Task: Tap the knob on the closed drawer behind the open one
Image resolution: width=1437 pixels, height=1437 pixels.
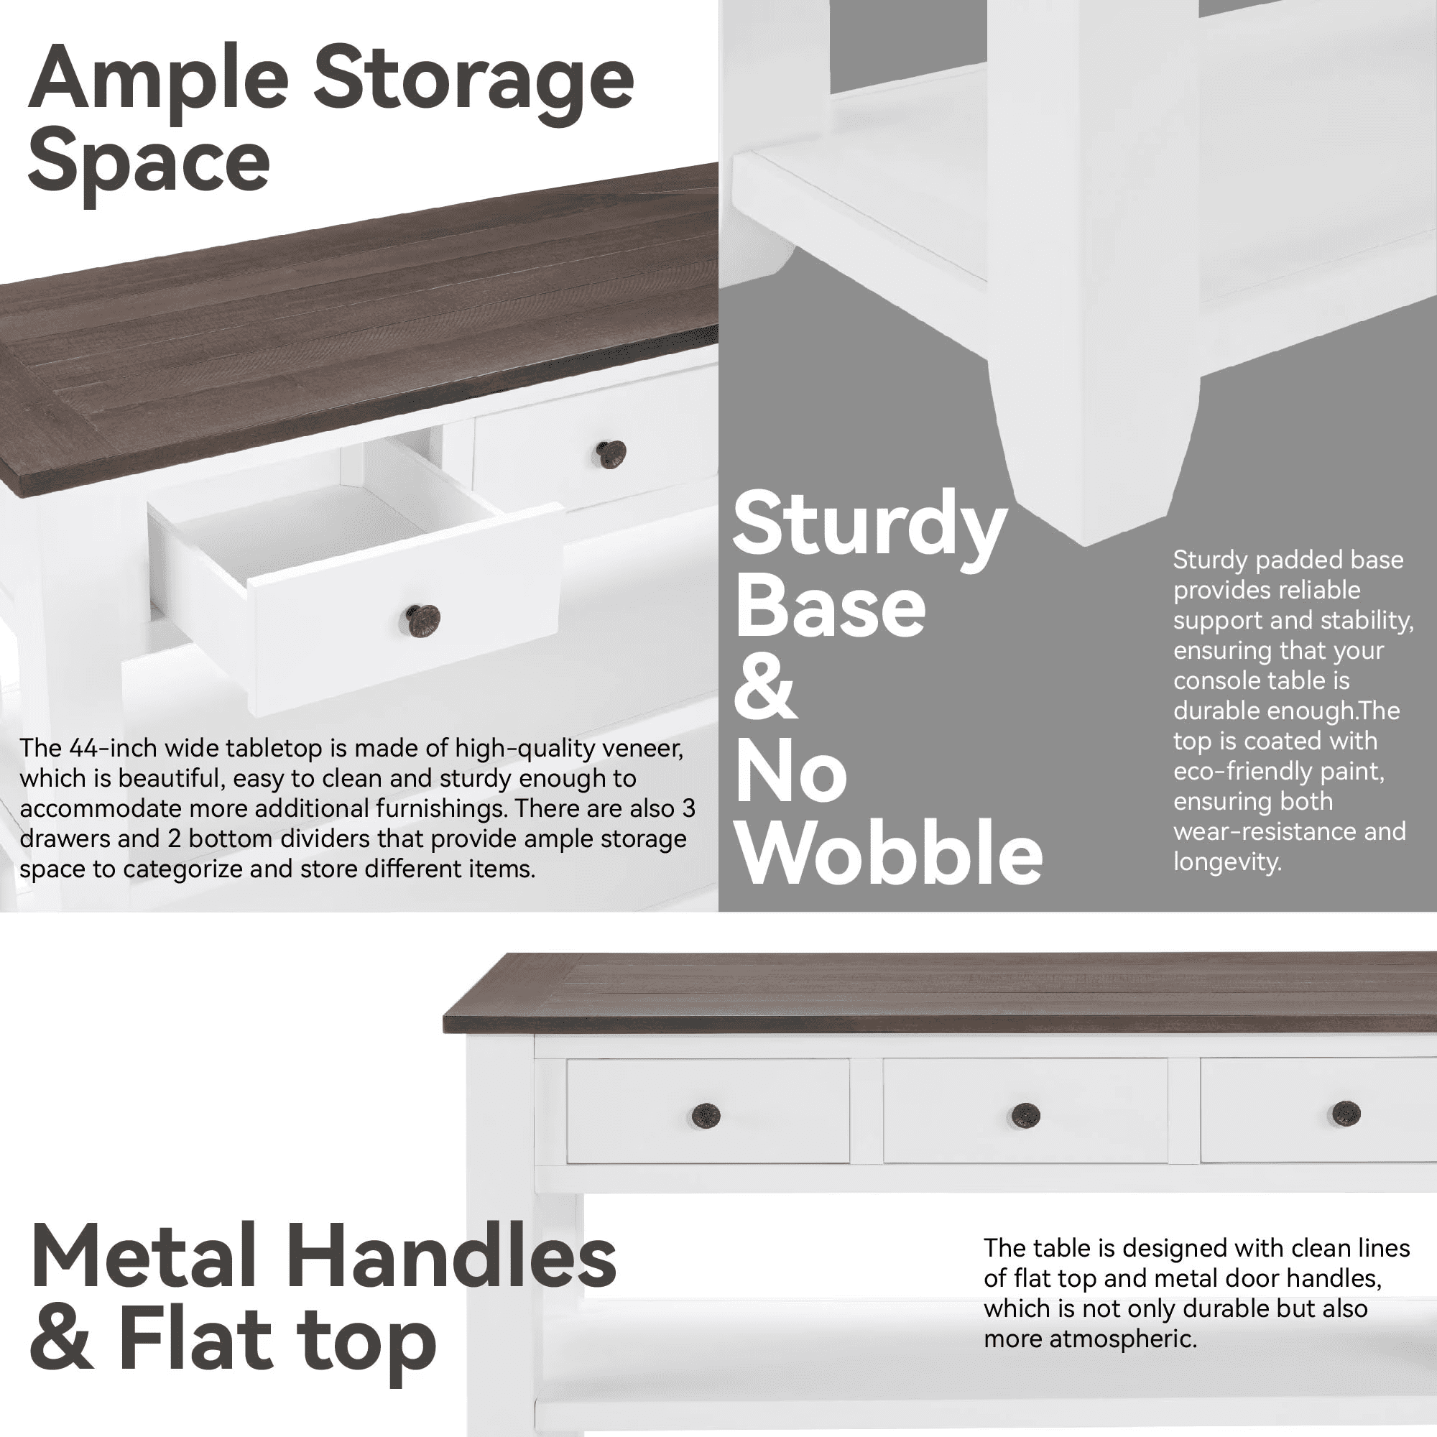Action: [x=611, y=453]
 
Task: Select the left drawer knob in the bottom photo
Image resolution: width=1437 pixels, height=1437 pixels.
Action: [x=705, y=1116]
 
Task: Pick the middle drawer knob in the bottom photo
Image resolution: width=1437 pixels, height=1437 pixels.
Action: [x=1026, y=1115]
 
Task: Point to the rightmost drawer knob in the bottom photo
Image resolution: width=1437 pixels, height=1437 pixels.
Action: [x=1346, y=1114]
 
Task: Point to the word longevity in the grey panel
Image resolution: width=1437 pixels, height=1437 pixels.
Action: [x=1227, y=862]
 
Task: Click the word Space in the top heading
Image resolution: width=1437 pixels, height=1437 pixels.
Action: [x=149, y=165]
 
